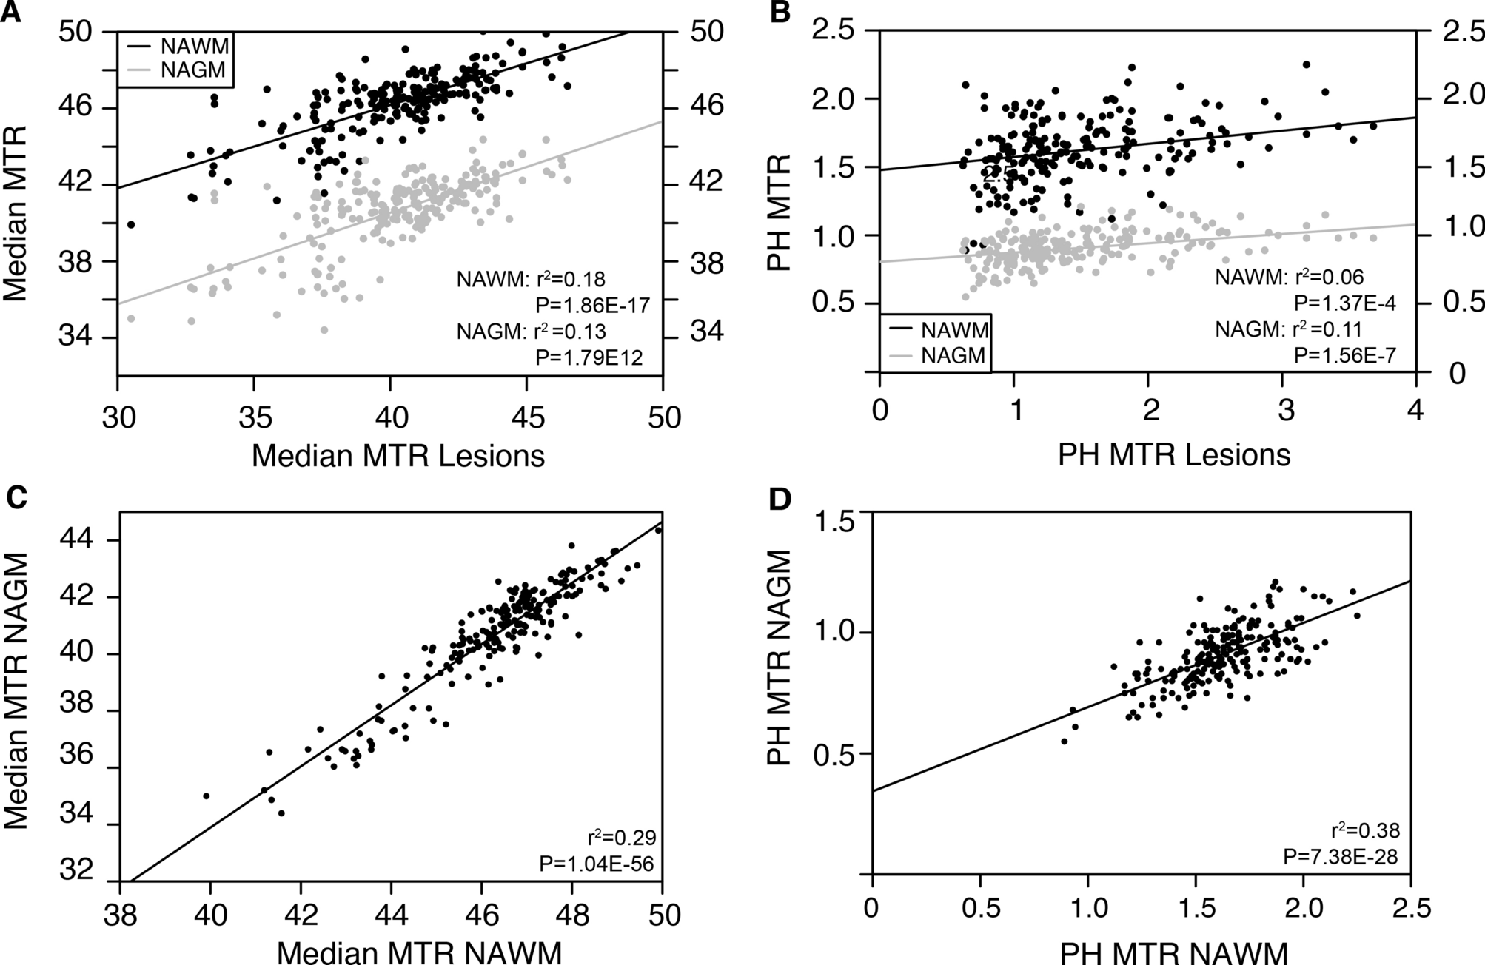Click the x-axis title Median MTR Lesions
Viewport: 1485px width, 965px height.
coord(398,455)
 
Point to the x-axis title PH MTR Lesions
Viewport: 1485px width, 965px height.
coord(1173,454)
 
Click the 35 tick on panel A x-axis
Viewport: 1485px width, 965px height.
coord(254,417)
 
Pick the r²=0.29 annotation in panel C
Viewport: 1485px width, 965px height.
coord(622,838)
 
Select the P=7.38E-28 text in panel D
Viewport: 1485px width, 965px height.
coord(1340,857)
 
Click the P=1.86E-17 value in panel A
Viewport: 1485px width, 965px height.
coord(592,306)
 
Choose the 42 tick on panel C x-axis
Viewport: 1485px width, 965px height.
coord(301,915)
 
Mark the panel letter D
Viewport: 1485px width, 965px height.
coord(780,500)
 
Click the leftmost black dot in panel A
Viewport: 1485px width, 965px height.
coord(131,224)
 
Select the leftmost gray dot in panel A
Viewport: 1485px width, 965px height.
coord(131,318)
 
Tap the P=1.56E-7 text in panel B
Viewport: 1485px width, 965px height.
coord(1344,356)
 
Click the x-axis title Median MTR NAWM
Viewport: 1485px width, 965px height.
coord(419,952)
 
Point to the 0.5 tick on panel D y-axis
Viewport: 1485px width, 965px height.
coord(834,754)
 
